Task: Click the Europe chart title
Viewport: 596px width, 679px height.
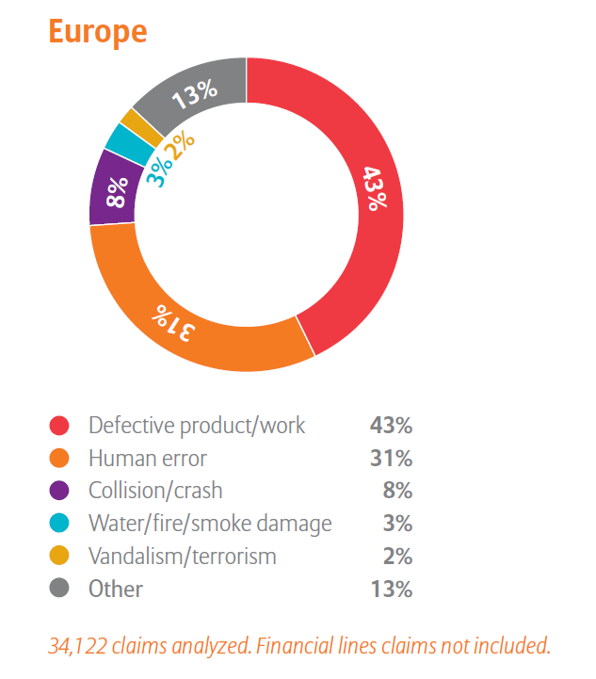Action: click(98, 31)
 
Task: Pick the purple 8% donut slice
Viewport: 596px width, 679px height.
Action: click(113, 196)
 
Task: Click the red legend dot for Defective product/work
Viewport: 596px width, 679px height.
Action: click(60, 426)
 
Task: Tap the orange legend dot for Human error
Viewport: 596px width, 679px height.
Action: click(60, 459)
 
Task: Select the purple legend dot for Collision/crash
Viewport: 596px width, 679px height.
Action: click(60, 491)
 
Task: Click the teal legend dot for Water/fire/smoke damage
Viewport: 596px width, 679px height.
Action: click(60, 524)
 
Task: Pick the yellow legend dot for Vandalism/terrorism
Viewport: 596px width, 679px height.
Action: click(60, 557)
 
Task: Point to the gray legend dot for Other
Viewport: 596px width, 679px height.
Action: click(60, 590)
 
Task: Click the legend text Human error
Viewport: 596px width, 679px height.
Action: click(148, 459)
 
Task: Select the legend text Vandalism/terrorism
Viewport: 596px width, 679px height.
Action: click(183, 557)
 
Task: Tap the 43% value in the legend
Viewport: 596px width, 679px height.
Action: click(391, 426)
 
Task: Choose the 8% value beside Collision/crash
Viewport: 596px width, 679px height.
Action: click(397, 491)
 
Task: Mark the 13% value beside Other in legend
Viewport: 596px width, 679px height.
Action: click(391, 590)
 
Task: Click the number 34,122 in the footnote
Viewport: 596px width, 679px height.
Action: click(83, 646)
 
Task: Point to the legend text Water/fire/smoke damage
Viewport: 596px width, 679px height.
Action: click(210, 524)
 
